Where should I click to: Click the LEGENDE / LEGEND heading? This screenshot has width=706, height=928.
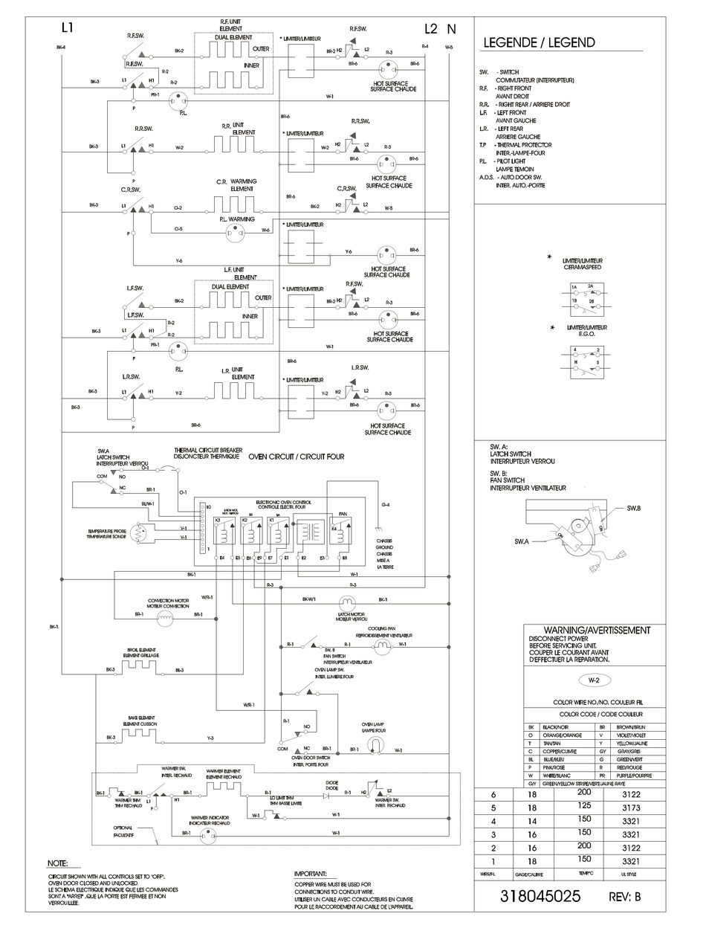point(539,42)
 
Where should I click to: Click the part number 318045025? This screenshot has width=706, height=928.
point(540,897)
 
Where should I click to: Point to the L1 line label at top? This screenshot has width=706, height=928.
point(68,29)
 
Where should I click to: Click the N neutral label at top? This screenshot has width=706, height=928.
point(451,29)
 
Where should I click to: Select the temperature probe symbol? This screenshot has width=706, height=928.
point(140,533)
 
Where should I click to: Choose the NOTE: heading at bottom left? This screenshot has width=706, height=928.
point(57,863)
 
